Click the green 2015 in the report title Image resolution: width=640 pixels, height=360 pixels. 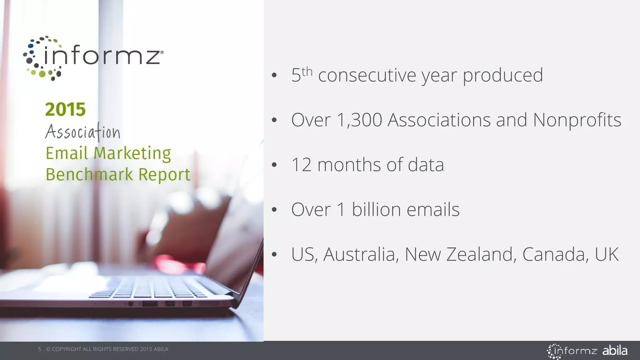point(65,109)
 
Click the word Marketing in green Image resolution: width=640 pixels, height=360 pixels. point(132,153)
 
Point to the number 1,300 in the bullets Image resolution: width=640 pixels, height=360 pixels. point(359,120)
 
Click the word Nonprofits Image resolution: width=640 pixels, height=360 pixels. point(577,120)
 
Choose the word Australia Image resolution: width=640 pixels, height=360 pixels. point(361,254)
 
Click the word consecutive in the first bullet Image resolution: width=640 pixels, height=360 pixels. point(367,75)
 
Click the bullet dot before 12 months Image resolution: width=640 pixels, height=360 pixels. point(274,165)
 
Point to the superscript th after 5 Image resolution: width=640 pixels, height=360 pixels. point(307,72)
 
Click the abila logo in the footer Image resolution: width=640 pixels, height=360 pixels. point(615,351)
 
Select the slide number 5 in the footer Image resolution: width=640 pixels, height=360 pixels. point(39,349)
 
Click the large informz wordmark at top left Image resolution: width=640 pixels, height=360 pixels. point(102,57)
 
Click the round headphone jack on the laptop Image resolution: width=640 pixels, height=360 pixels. point(131,304)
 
